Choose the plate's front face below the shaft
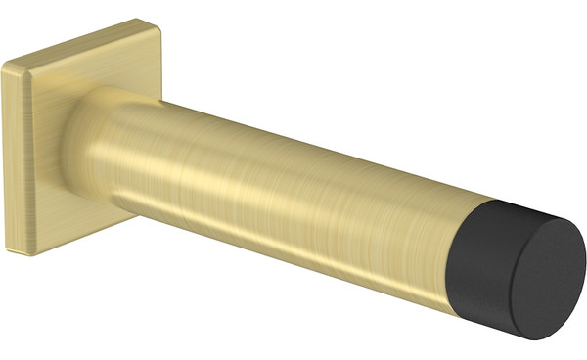[x=68, y=220]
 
